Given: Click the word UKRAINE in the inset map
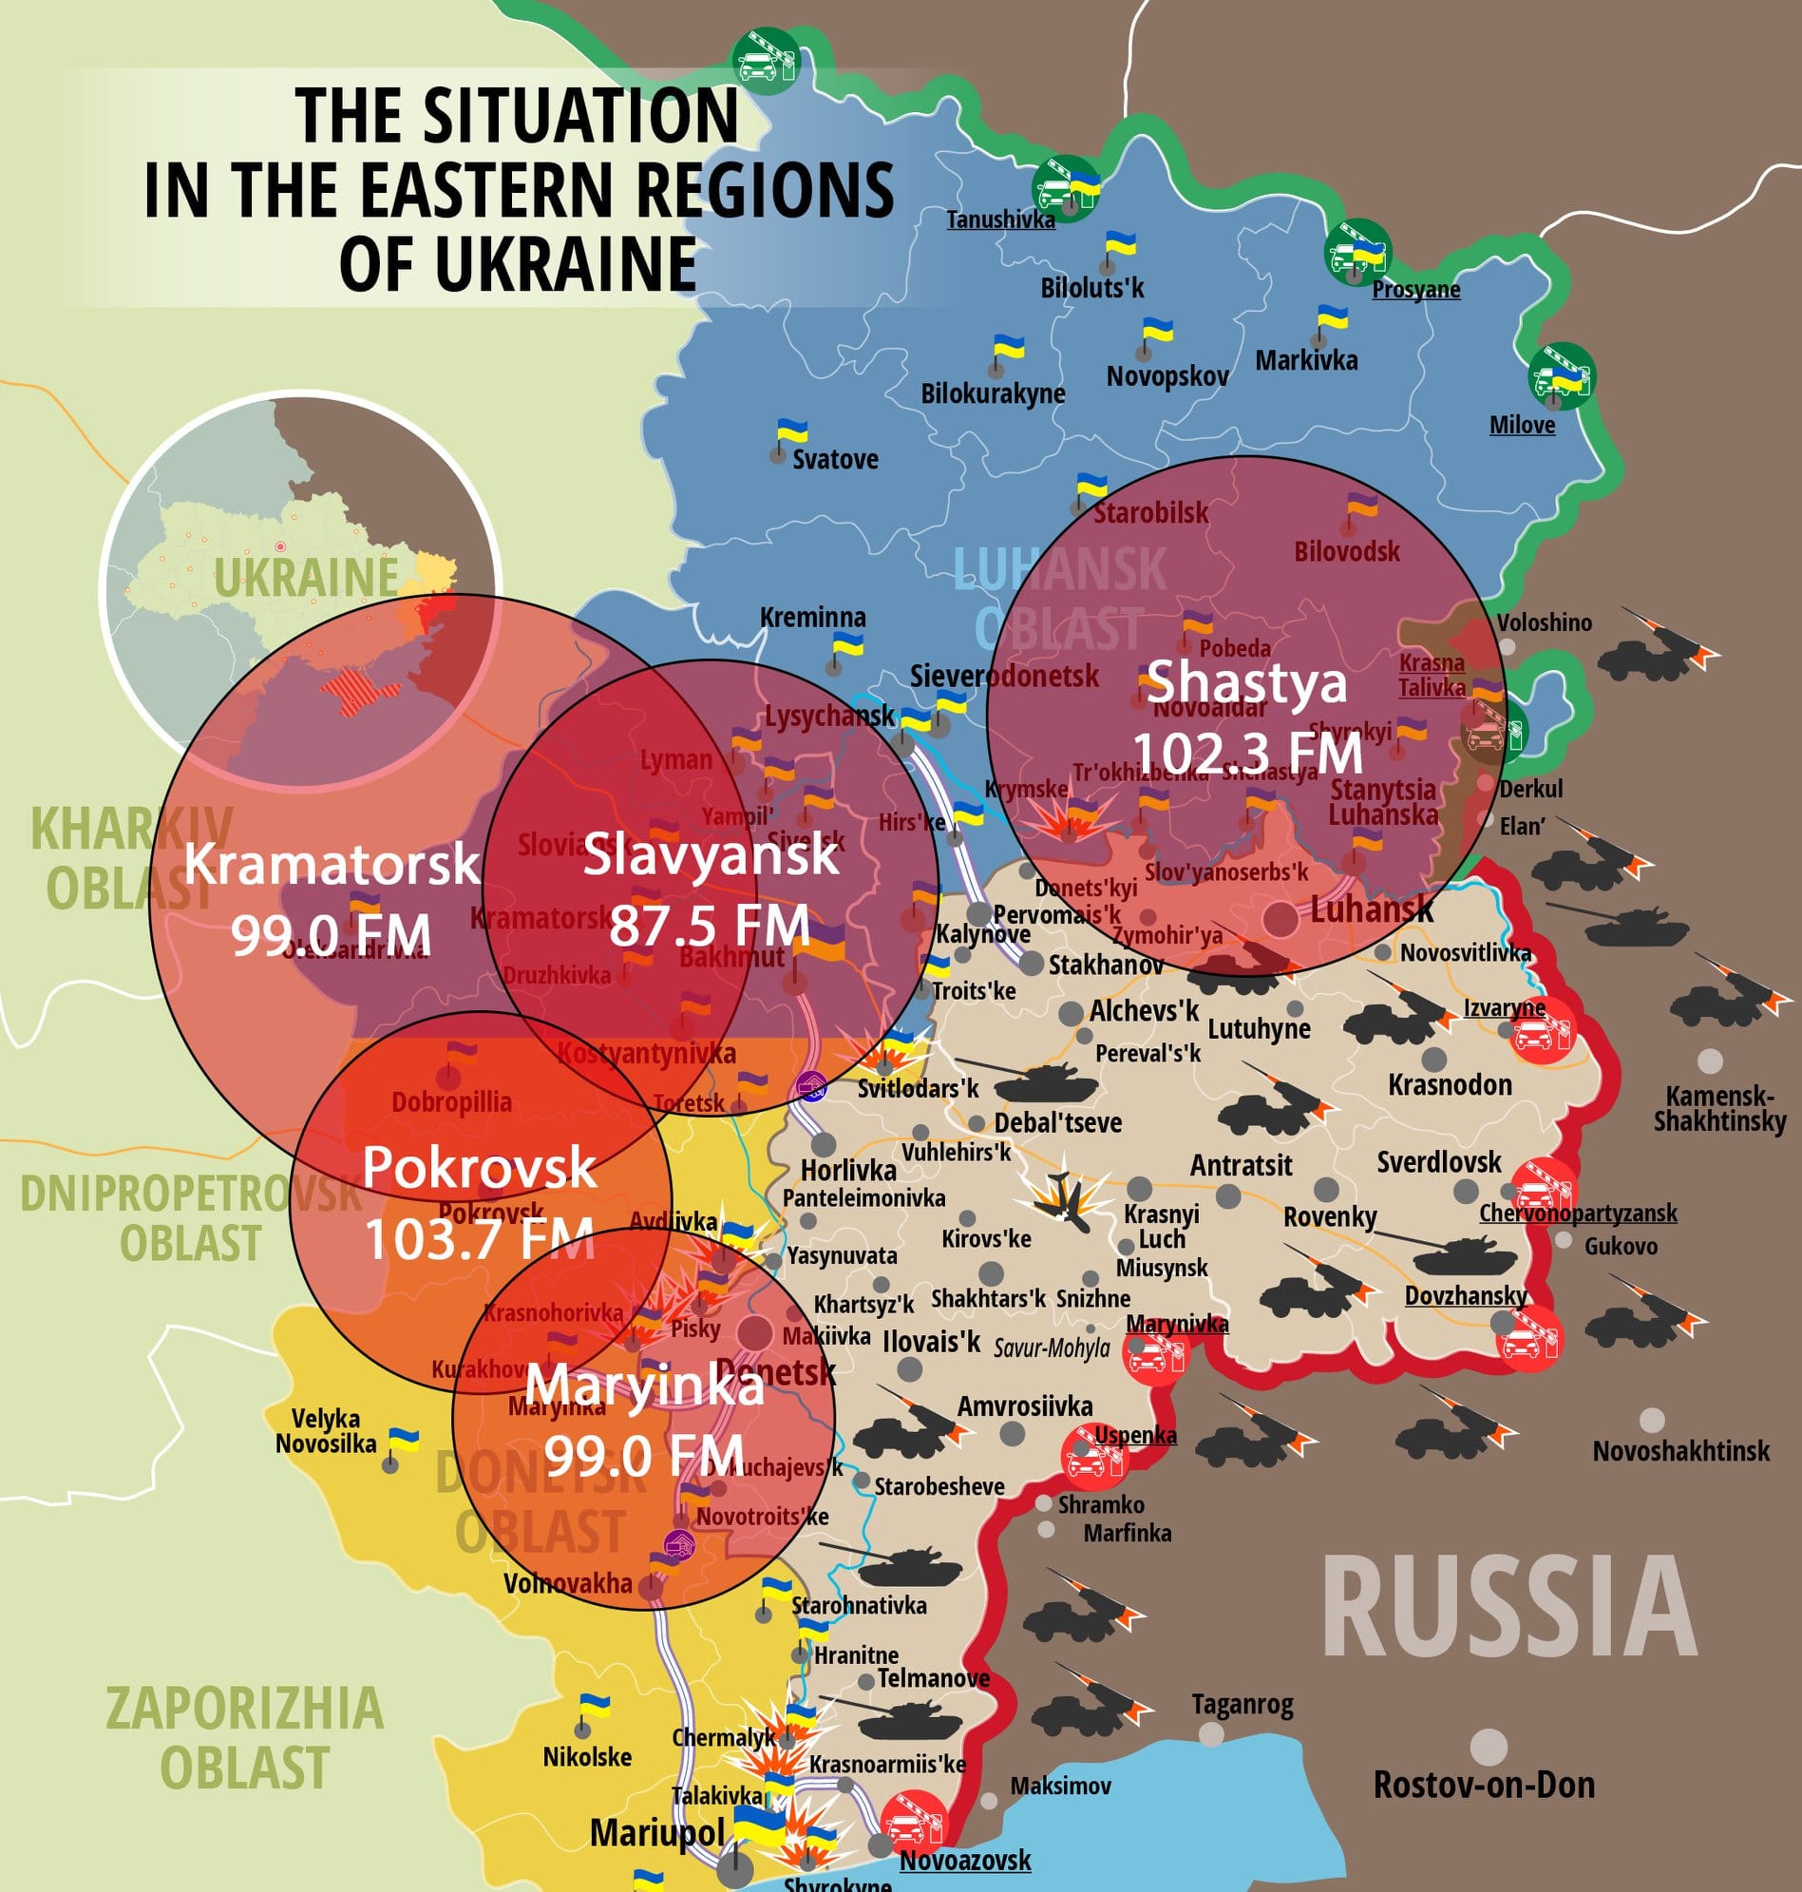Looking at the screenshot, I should click(306, 578).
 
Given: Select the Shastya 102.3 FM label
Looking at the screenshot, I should click(1247, 717).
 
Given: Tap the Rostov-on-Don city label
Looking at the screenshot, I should click(1484, 1785).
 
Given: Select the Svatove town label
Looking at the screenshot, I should click(835, 459).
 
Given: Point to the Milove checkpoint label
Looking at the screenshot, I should click(1522, 425).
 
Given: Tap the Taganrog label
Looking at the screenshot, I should click(1242, 1704).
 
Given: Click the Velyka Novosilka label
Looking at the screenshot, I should click(326, 1431).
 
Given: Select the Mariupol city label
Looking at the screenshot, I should click(657, 1832).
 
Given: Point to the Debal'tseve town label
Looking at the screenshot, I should click(1057, 1122).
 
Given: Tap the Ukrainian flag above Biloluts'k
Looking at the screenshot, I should click(1119, 243).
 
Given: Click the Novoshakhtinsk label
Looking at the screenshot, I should click(1681, 1451).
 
